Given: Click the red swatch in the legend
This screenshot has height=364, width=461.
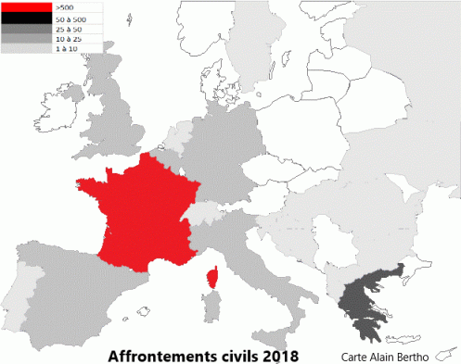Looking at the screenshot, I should click(x=27, y=7).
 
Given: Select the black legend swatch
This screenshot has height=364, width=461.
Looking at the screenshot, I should click(x=27, y=18).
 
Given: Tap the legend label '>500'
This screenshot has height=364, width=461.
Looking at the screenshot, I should click(x=64, y=7).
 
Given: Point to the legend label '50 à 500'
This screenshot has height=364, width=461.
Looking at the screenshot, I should click(x=70, y=19).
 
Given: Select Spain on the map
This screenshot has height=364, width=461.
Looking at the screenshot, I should click(x=74, y=296).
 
